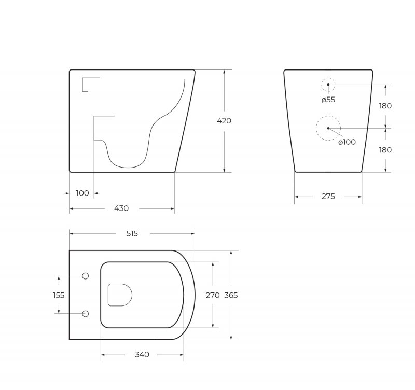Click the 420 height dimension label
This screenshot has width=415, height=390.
[224, 121]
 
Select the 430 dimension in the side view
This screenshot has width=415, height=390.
[121, 208]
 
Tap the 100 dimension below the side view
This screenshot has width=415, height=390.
[82, 193]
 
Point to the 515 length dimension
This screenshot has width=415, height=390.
[132, 234]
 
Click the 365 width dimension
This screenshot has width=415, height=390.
[231, 295]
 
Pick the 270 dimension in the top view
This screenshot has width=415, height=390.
[213, 295]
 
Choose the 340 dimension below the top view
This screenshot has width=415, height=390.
[142, 355]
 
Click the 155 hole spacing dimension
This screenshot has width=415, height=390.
[59, 295]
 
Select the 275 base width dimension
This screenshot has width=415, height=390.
[328, 197]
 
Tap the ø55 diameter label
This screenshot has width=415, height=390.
[328, 100]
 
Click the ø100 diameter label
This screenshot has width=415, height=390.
[347, 142]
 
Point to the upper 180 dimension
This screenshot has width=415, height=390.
[385, 106]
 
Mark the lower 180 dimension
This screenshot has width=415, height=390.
[385, 150]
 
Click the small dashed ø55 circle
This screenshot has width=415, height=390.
[328, 85]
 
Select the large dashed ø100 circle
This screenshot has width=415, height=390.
[328, 128]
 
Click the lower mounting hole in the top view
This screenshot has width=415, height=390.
[86, 314]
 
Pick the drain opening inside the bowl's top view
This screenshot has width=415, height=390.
[119, 295]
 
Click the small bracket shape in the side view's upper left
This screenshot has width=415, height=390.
[89, 83]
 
